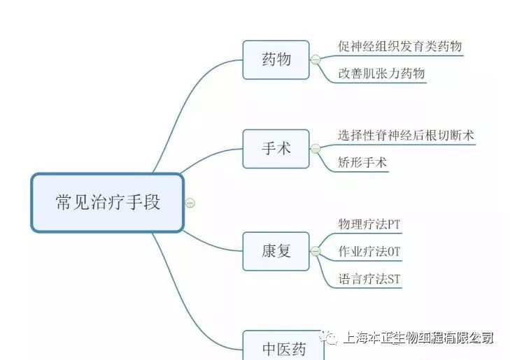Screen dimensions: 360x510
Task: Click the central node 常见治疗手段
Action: [107, 203]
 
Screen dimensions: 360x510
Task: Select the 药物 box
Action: [276, 59]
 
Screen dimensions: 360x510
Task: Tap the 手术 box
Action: [276, 149]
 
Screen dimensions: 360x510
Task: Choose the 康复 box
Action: [276, 251]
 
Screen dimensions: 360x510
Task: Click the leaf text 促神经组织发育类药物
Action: [399, 47]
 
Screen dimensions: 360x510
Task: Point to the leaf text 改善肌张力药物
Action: [381, 73]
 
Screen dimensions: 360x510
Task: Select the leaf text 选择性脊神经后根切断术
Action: [406, 135]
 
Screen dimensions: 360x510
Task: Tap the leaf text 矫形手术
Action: [362, 163]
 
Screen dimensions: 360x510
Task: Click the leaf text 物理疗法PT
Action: [369, 224]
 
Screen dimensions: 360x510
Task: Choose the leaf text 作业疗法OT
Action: [369, 252]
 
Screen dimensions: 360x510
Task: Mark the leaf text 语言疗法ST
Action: [369, 279]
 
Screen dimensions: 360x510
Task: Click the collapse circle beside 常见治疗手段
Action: [190, 203]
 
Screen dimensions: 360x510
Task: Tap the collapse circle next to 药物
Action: [316, 60]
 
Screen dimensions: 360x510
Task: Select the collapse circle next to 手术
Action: [316, 149]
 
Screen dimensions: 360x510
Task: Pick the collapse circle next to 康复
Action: [316, 251]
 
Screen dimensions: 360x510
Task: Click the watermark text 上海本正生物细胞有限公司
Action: [418, 338]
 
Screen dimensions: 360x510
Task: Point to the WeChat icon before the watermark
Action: [327, 338]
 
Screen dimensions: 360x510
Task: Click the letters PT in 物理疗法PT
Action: [393, 224]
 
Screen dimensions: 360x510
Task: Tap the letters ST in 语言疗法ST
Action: [394, 279]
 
